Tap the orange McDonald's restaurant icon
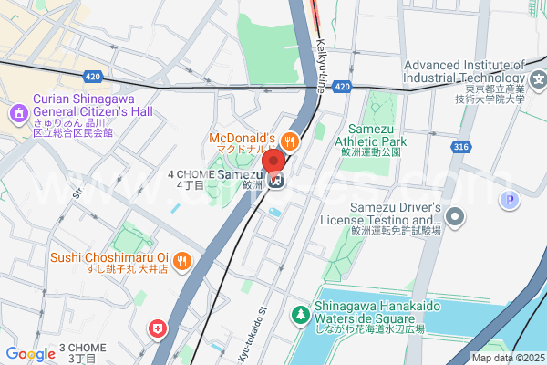click(x=290, y=141)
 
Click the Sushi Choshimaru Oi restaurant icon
click(x=182, y=260)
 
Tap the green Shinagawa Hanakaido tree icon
click(x=300, y=315)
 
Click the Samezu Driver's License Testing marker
click(x=456, y=217)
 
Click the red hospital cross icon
click(x=159, y=327)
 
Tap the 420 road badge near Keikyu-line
click(x=342, y=87)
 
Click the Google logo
click(x=30, y=354)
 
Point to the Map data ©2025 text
click(x=507, y=358)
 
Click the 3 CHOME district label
click(x=89, y=352)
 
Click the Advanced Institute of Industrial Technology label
click(x=465, y=71)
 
